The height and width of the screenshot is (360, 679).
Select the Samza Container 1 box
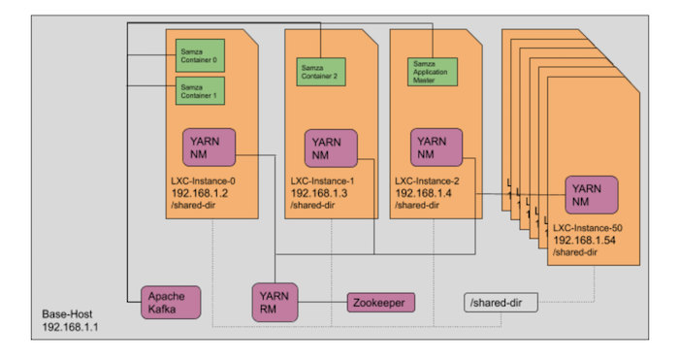pos(200,90)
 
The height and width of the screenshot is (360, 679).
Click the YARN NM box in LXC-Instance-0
pos(209,148)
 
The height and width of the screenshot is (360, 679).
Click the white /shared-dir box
pos(498,304)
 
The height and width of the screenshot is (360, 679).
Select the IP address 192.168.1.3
pos(318,192)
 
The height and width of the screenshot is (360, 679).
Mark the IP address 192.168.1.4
pos(424,192)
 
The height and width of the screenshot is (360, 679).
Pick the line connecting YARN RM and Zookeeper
pos(323,304)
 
